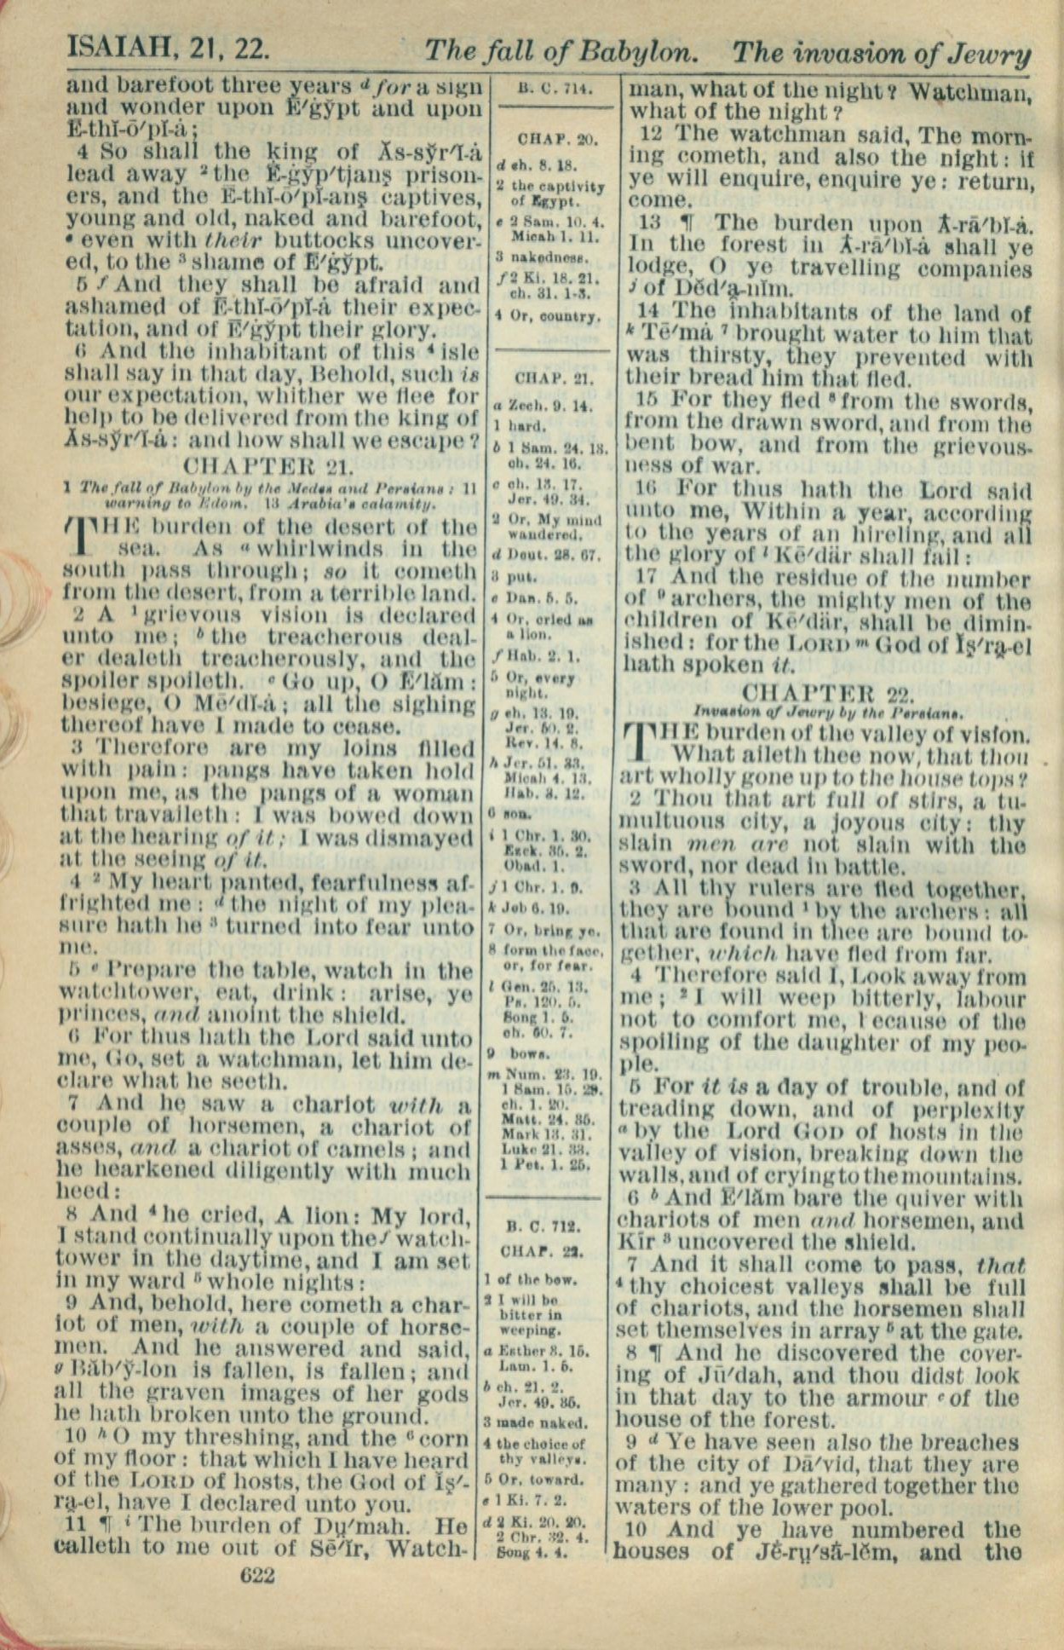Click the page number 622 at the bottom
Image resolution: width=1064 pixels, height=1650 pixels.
258,1576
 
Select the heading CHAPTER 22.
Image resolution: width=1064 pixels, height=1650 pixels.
829,693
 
